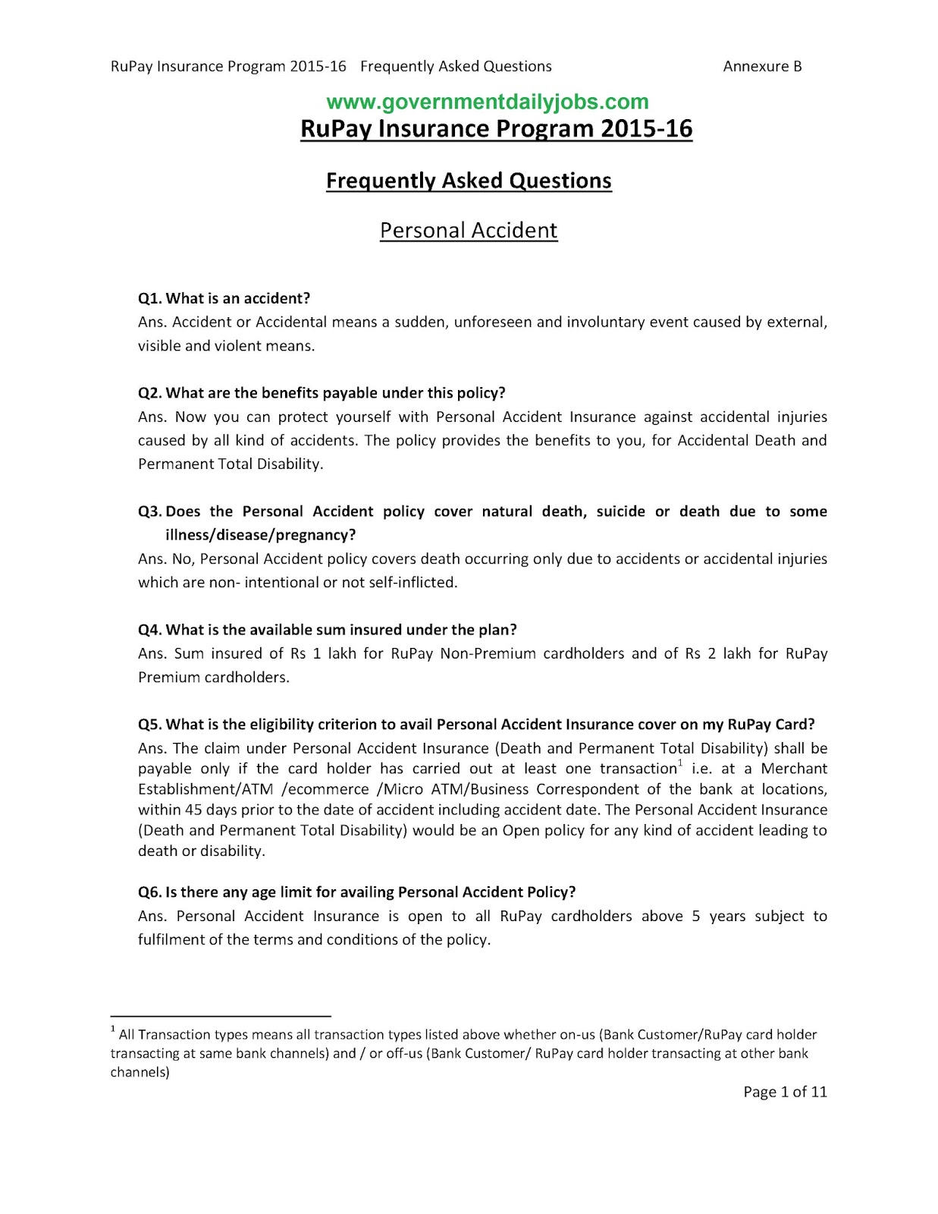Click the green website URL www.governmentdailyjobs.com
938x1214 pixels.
click(487, 102)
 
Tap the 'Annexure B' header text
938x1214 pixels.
click(762, 67)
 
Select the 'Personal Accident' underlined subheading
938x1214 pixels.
click(469, 231)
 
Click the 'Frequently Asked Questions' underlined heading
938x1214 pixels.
click(469, 181)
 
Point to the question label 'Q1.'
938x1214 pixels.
click(150, 298)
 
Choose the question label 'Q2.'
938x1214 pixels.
click(150, 393)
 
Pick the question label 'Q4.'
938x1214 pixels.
click(150, 630)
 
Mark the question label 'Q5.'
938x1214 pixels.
click(150, 725)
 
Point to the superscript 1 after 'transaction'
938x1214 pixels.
click(680, 763)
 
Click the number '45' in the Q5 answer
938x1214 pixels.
click(194, 810)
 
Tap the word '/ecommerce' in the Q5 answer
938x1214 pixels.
click(325, 790)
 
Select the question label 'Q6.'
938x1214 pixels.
click(150, 892)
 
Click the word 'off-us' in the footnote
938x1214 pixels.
click(404, 1054)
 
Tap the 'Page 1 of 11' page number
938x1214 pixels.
click(785, 1093)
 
